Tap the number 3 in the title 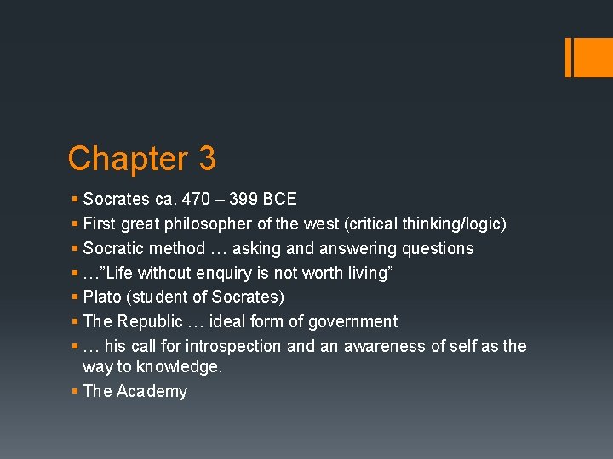coord(207,159)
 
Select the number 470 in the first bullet coord(196,200)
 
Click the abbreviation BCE coord(280,200)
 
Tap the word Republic coord(149,322)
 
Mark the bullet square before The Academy coord(75,391)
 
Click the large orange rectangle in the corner coord(590,57)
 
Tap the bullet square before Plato coord(75,297)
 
